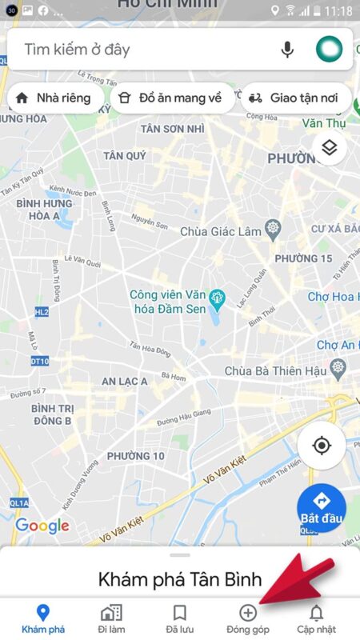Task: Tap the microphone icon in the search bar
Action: (287, 50)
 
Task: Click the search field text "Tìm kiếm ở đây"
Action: (77, 50)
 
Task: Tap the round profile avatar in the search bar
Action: (329, 50)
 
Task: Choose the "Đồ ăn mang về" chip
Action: (169, 98)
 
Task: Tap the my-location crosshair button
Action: (322, 446)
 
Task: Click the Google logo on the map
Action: (42, 526)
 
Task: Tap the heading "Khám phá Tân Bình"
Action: (180, 579)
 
